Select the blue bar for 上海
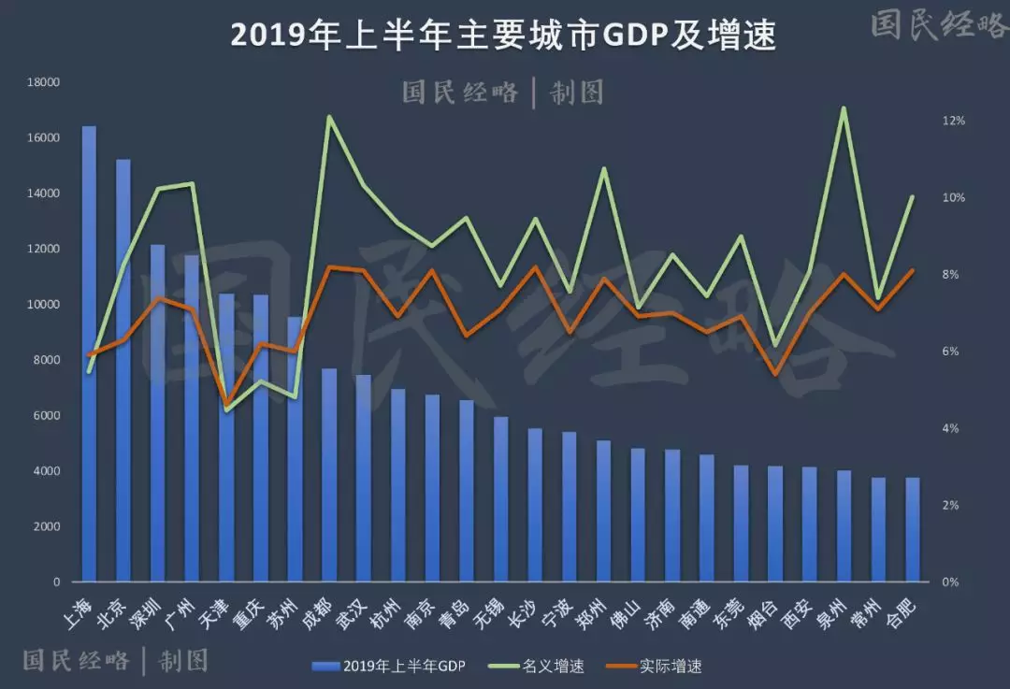point(89,355)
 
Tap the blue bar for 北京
point(123,374)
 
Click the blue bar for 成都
point(329,477)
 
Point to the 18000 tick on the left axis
point(43,82)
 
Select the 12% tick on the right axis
point(953,122)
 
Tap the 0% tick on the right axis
point(950,581)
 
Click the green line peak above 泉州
point(844,108)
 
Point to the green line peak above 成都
point(329,117)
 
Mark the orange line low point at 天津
point(226,404)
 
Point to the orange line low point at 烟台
point(774,374)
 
